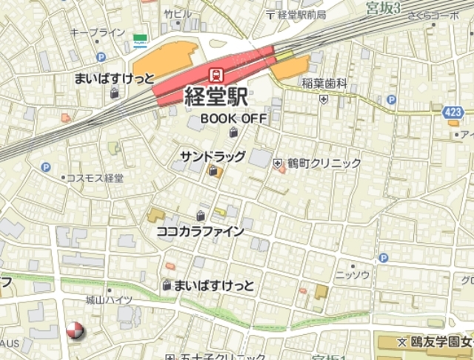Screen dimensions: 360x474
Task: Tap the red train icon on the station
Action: tap(216, 74)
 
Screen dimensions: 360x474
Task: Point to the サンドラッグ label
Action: tap(213, 156)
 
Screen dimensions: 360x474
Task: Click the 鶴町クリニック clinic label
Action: tap(324, 163)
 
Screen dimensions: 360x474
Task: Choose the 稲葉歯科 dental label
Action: tap(324, 84)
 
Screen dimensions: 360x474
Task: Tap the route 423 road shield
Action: tap(453, 112)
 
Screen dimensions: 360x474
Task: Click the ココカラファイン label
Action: tap(200, 231)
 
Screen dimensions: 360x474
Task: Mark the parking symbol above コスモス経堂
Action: tap(46, 168)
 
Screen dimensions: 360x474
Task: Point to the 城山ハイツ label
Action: tap(108, 299)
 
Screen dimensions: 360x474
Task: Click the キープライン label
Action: tap(97, 33)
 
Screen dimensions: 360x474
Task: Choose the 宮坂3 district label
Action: tap(383, 8)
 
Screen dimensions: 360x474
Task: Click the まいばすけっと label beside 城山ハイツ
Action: tap(215, 285)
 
